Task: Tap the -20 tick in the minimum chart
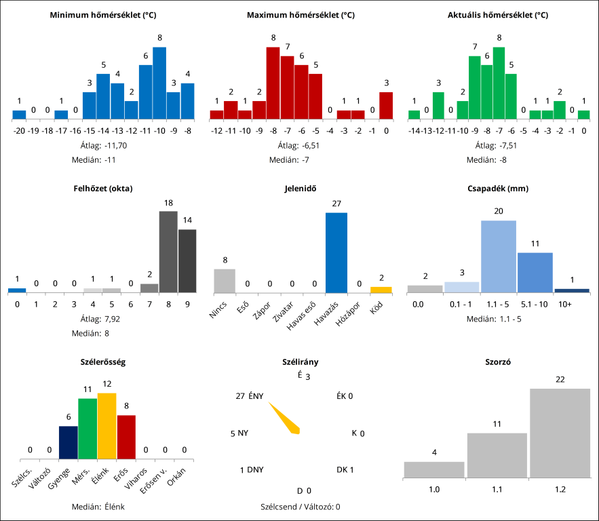click(19, 130)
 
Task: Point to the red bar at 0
click(386, 105)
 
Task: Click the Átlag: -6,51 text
click(298, 144)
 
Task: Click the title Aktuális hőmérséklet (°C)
click(498, 15)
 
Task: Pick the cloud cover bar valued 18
click(168, 252)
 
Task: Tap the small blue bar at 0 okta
click(17, 290)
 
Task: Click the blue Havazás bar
click(336, 252)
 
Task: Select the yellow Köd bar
click(381, 290)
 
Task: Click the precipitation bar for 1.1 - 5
click(498, 256)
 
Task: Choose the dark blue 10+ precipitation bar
click(572, 290)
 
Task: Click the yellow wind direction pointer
click(285, 418)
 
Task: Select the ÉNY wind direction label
click(256, 396)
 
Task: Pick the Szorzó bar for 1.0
click(434, 469)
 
